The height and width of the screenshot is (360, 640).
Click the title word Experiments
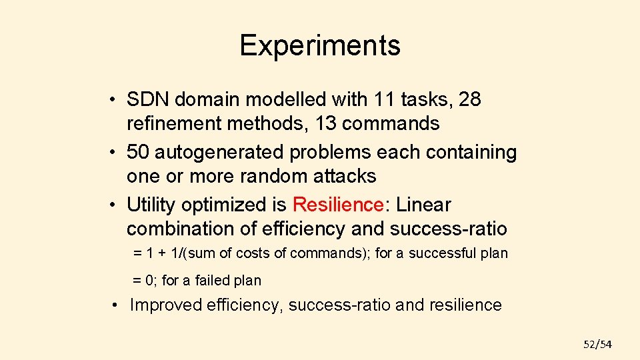320,45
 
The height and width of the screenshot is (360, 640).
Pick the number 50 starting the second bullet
138,153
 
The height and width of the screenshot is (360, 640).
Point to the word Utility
151,205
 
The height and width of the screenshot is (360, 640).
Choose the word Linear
423,205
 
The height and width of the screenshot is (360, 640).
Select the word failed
213,281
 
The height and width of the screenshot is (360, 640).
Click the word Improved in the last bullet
165,305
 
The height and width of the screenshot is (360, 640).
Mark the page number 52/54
597,344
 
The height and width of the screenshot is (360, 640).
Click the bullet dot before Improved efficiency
116,305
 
